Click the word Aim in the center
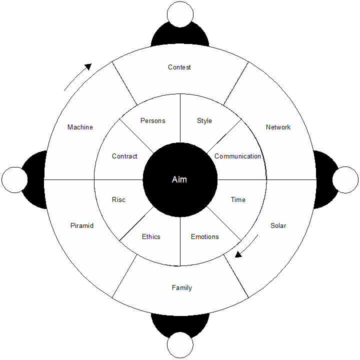click(179, 179)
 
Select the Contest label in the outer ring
click(179, 67)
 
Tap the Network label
click(278, 127)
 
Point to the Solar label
click(278, 225)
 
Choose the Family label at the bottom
click(181, 287)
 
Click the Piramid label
click(82, 225)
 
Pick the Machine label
click(80, 127)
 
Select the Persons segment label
click(152, 120)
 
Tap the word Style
click(204, 120)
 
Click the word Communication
click(237, 156)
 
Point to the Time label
click(238, 199)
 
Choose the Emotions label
click(205, 236)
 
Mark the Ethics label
click(151, 236)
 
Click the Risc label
click(118, 199)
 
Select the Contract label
click(124, 156)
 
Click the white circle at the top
click(180, 13)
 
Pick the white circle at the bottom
click(180, 346)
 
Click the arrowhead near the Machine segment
click(88, 66)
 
